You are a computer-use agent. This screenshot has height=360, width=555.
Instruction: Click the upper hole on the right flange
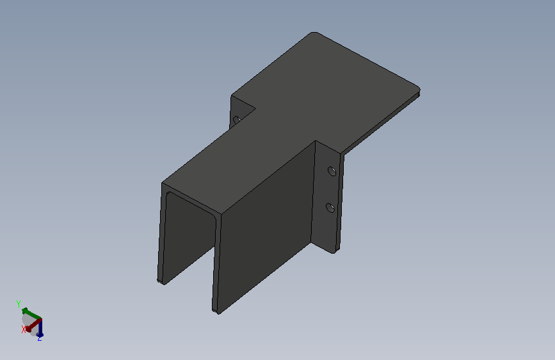pyautogui.click(x=332, y=172)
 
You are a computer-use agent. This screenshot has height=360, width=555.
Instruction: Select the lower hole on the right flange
pyautogui.click(x=330, y=208)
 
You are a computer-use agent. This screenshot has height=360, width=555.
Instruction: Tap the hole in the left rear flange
pyautogui.click(x=237, y=119)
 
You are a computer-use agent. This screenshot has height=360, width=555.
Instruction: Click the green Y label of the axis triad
pyautogui.click(x=19, y=304)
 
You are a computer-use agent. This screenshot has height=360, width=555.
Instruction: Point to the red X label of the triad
pyautogui.click(x=24, y=329)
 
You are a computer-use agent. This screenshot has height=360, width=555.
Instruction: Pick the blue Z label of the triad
pyautogui.click(x=39, y=338)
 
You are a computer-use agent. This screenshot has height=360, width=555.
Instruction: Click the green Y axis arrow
pyautogui.click(x=31, y=314)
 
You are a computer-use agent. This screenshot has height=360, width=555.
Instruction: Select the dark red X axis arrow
pyautogui.click(x=34, y=325)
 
